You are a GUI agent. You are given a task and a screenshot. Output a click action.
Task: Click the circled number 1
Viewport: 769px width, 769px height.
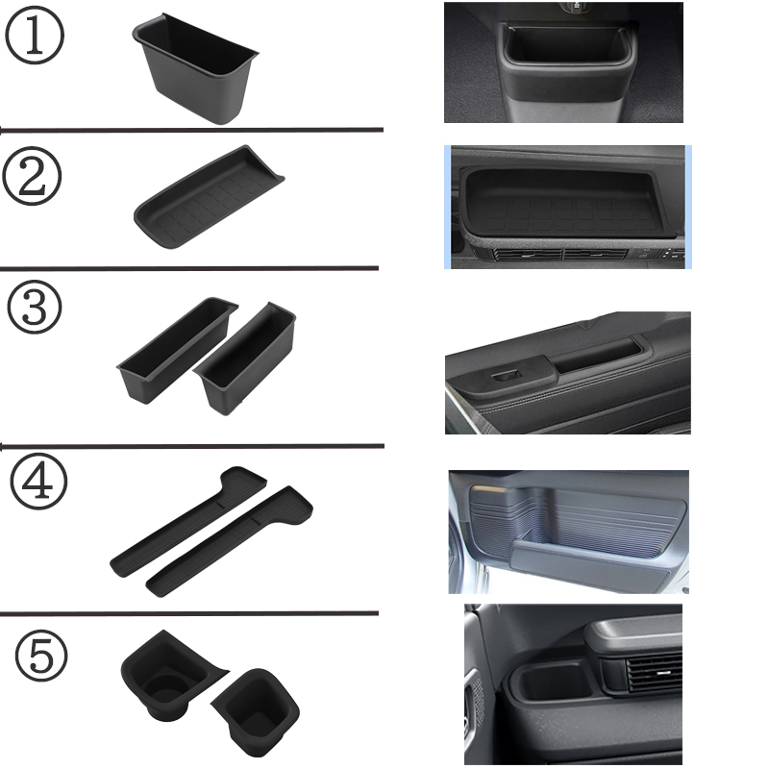pyautogui.click(x=35, y=36)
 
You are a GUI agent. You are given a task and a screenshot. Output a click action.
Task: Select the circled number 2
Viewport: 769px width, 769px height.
pyautogui.click(x=32, y=176)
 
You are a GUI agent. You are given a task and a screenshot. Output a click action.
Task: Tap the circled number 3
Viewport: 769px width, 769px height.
pyautogui.click(x=35, y=308)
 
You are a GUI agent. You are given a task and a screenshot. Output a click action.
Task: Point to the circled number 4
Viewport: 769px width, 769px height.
pyautogui.click(x=38, y=482)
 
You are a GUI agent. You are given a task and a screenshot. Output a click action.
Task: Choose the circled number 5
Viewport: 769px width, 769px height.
pyautogui.click(x=41, y=656)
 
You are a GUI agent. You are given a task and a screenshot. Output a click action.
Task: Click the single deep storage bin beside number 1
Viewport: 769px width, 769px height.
pyautogui.click(x=195, y=68)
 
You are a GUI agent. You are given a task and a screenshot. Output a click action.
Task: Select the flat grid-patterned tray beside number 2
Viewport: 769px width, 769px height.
pyautogui.click(x=209, y=197)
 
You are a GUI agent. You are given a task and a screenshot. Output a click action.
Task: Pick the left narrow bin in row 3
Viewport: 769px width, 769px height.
pyautogui.click(x=177, y=350)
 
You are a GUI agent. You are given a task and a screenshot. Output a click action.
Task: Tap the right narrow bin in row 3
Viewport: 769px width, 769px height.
pyautogui.click(x=245, y=359)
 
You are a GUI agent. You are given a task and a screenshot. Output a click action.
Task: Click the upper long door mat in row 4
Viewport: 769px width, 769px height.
pyautogui.click(x=188, y=521)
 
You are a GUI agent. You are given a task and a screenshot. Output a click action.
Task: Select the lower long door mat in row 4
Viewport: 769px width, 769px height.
pyautogui.click(x=230, y=541)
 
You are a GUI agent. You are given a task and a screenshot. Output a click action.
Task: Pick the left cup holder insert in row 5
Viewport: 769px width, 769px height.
pyautogui.click(x=169, y=676)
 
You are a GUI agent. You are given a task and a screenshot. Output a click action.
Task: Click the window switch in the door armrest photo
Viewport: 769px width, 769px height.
pyautogui.click(x=507, y=376)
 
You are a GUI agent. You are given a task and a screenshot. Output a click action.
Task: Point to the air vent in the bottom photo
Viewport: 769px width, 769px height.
pyautogui.click(x=654, y=672)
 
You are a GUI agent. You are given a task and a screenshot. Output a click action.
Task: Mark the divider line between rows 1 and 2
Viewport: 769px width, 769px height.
pyautogui.click(x=191, y=130)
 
